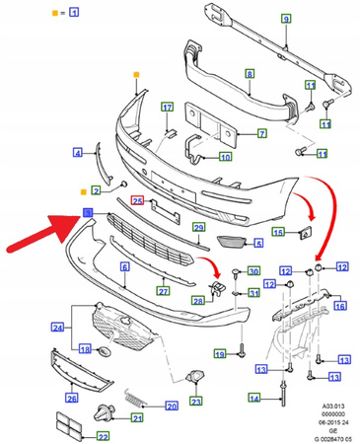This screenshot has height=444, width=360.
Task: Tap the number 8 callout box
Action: pyautogui.click(x=250, y=74)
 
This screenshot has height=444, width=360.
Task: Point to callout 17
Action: pyautogui.click(x=168, y=108)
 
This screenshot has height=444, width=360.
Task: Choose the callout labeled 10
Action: pyautogui.click(x=226, y=156)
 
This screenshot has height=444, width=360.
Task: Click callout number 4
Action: pyautogui.click(x=77, y=151)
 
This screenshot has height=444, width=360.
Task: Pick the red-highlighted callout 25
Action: pyautogui.click(x=139, y=201)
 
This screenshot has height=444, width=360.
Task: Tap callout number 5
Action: pyautogui.click(x=259, y=243)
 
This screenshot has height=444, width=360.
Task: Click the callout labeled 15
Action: pyautogui.click(x=279, y=232)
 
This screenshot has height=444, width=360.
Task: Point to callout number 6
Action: pyautogui.click(x=125, y=266)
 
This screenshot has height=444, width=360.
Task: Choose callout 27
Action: pyautogui.click(x=164, y=291)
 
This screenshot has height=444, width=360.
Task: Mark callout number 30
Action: pyautogui.click(x=253, y=271)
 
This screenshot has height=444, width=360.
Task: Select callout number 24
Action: pyautogui.click(x=58, y=327)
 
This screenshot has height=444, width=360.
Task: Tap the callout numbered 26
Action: pyautogui.click(x=71, y=398)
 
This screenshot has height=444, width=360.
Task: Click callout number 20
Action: pyautogui.click(x=172, y=405)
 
